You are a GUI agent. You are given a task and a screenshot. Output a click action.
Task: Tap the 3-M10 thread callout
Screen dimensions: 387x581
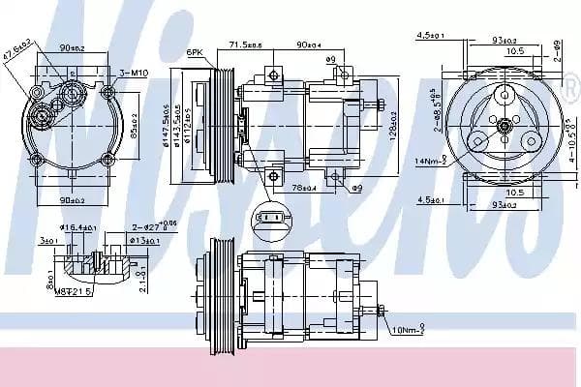pos(134,74)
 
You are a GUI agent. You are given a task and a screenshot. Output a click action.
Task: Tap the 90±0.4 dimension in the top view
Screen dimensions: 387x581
pos(310,45)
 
